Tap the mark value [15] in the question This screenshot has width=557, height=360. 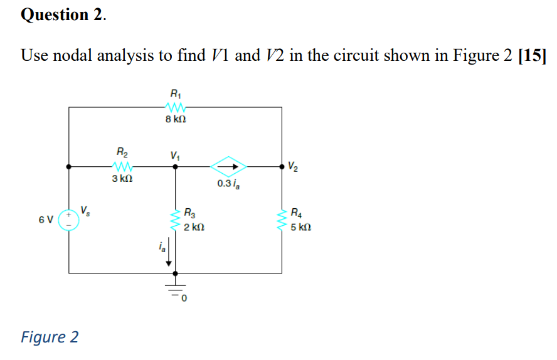(x=531, y=55)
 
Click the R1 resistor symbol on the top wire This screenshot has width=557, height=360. (x=174, y=107)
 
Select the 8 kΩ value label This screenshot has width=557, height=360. (x=175, y=119)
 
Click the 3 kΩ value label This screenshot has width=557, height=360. (x=122, y=179)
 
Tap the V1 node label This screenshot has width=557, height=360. (x=174, y=155)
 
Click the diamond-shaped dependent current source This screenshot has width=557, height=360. (x=228, y=167)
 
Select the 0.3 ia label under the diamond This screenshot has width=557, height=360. (x=228, y=184)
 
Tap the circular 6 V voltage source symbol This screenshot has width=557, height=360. (x=68, y=220)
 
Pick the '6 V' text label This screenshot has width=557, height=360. (x=45, y=220)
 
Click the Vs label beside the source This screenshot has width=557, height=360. (x=87, y=209)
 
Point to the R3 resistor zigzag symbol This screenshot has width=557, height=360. (x=175, y=220)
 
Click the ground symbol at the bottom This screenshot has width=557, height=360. (x=175, y=290)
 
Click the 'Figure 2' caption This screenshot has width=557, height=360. (x=50, y=337)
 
